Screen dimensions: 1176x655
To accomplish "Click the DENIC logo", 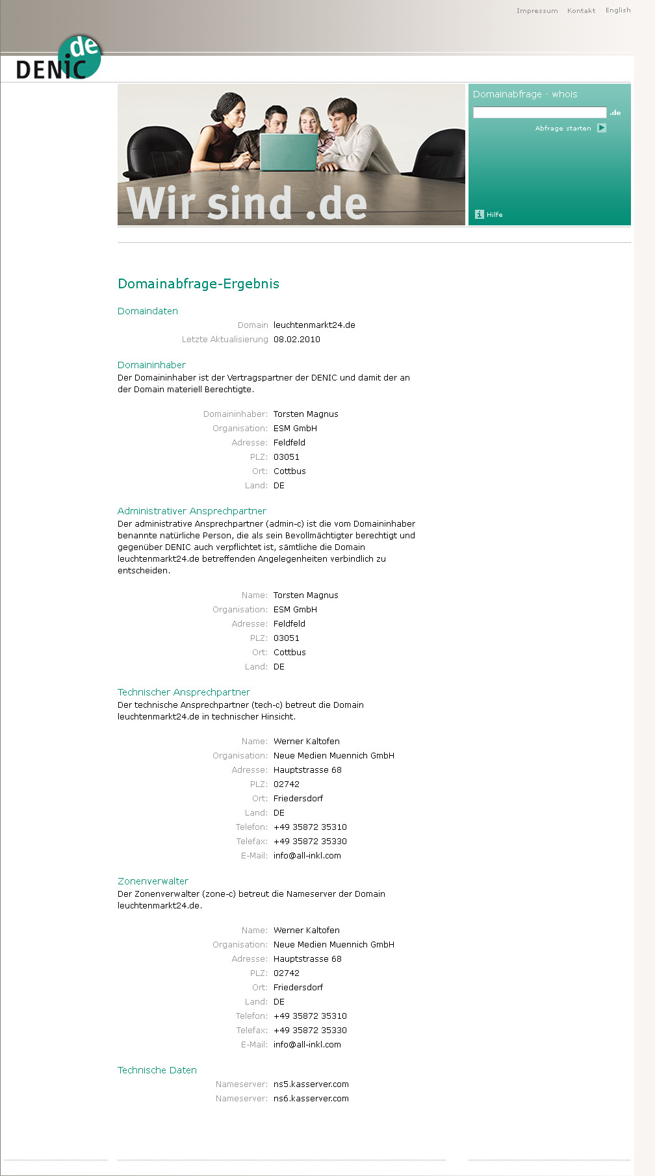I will pos(59,58).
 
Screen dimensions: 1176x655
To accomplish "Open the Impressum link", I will pos(537,11).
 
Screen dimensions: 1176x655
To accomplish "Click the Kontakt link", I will pos(581,11).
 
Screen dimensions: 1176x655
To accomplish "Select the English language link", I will pos(618,10).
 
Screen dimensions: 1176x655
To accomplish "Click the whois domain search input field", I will pos(539,112).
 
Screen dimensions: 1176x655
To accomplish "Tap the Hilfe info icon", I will pos(480,214).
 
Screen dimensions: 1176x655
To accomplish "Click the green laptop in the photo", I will pos(289,151).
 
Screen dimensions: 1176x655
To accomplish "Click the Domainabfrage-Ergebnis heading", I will pos(198,284).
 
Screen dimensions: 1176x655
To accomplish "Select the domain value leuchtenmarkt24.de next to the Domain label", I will pos(315,325).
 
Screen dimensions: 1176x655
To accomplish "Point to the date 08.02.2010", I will pos(297,340).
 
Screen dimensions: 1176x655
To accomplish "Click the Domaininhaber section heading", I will pos(151,365).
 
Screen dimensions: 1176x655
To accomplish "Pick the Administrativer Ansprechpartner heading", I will pos(192,511).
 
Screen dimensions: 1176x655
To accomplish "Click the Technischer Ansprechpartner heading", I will pos(183,692).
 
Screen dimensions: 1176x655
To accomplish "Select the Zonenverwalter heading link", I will pos(153,881).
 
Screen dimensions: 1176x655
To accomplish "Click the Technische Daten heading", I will pos(157,1070).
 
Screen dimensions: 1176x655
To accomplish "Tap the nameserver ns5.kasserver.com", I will pos(311,1084).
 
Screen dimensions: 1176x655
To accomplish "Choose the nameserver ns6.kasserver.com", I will pos(311,1099).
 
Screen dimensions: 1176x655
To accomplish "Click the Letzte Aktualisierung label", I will pos(225,340).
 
